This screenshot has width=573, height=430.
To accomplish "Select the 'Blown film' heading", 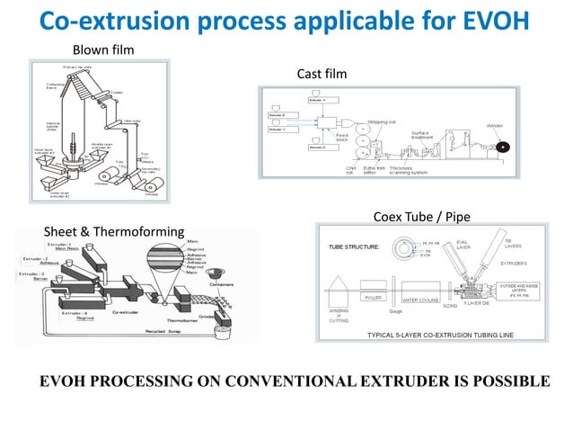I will [x=102, y=49].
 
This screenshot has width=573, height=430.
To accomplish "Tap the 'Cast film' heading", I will [x=322, y=73].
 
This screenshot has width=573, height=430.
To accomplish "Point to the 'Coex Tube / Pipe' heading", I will [x=420, y=216].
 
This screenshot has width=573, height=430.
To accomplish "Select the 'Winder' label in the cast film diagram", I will [x=495, y=125].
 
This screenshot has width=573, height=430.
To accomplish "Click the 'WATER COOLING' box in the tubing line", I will [x=426, y=300].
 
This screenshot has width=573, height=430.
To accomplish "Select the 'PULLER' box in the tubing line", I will [x=375, y=296].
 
